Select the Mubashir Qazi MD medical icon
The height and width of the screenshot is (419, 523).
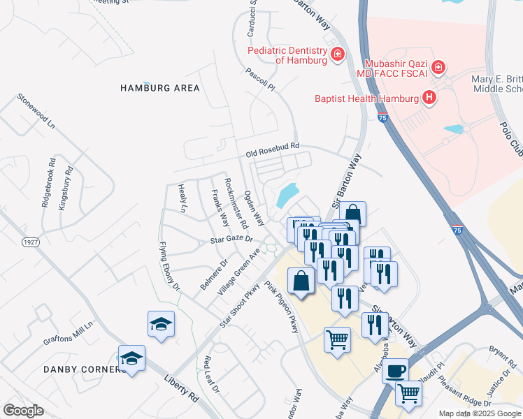[x=438, y=68]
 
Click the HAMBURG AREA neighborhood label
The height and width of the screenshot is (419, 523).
[x=160, y=88]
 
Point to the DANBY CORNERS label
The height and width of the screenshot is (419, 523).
[x=85, y=369]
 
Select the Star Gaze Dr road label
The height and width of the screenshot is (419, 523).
[x=231, y=240]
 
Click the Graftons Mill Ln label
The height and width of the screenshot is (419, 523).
[x=69, y=332]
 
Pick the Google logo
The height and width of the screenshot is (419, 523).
[x=23, y=411]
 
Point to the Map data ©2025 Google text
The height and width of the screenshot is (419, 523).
[x=480, y=413]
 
